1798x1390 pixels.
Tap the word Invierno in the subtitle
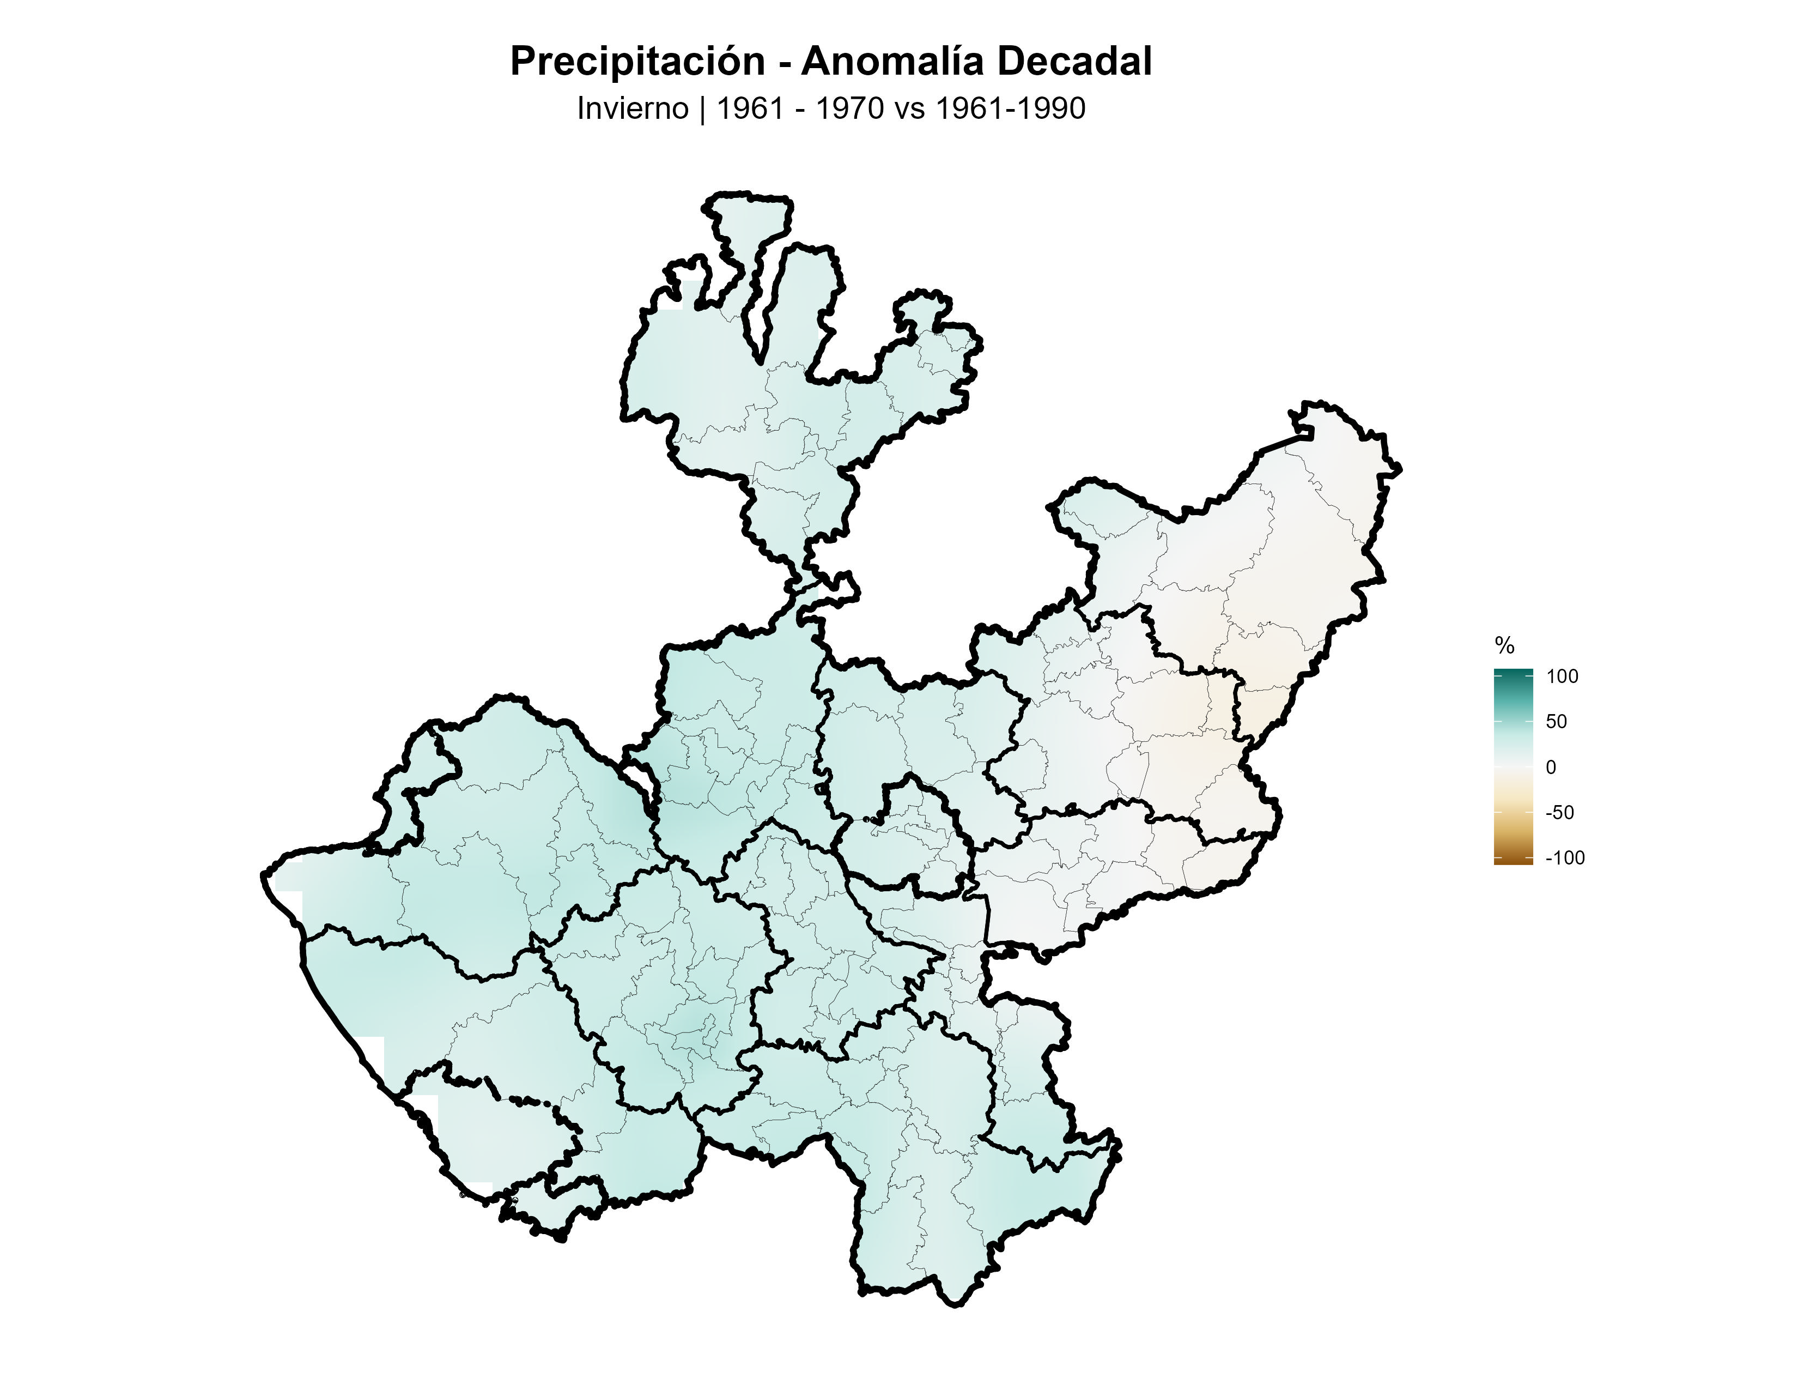(x=632, y=108)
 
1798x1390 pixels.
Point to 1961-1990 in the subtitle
(x=1010, y=108)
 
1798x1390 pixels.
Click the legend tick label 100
(x=1562, y=677)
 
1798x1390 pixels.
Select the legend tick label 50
(x=1556, y=722)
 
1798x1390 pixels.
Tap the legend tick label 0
(x=1551, y=767)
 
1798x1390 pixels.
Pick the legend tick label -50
(x=1559, y=813)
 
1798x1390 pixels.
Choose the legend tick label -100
(x=1565, y=858)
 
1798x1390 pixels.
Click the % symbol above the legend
(x=1504, y=645)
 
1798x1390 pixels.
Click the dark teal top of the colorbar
(x=1513, y=674)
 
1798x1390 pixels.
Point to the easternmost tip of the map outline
(x=1400, y=469)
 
